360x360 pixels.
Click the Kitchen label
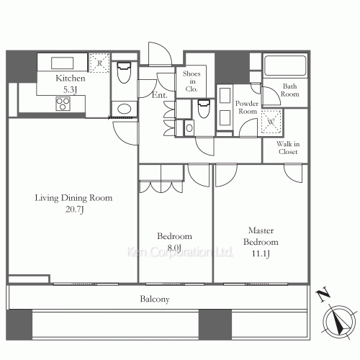tap(71, 78)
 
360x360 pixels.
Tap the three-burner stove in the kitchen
tap(63, 104)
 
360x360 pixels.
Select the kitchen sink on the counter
tap(62, 63)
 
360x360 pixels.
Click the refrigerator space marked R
tap(99, 63)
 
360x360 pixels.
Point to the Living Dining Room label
tap(73, 198)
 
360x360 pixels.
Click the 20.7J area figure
tap(75, 210)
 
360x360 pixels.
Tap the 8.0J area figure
tap(174, 248)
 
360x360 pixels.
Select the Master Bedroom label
tap(261, 236)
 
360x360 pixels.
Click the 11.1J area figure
tap(261, 253)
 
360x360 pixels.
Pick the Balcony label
tap(155, 299)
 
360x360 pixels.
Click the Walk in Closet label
tap(288, 148)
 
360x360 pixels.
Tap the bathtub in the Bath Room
tap(285, 66)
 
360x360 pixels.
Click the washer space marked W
tap(271, 122)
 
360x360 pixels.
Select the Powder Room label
tap(247, 107)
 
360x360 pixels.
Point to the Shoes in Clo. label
tap(192, 81)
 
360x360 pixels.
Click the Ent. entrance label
tap(160, 95)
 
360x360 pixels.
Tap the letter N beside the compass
tap(323, 294)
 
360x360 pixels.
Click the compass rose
tap(339, 322)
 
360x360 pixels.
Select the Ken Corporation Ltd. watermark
tap(179, 252)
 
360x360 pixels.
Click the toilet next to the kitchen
tap(124, 73)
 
